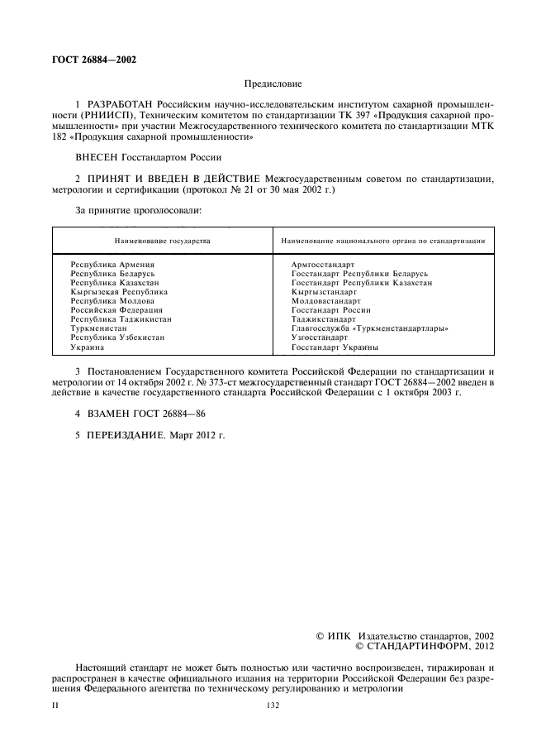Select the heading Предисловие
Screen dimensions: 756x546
(x=273, y=84)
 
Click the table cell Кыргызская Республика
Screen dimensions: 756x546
(x=119, y=292)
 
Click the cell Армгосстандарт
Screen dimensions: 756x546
(x=323, y=264)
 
